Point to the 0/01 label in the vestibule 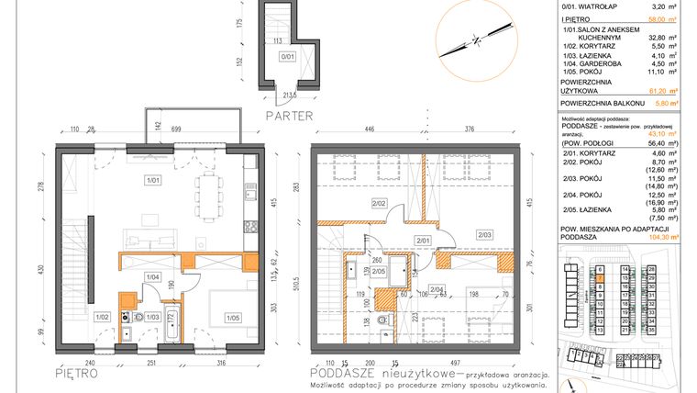click(x=287, y=56)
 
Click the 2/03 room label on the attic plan click(x=484, y=235)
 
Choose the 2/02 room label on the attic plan click(x=378, y=202)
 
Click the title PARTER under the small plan click(x=289, y=116)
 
